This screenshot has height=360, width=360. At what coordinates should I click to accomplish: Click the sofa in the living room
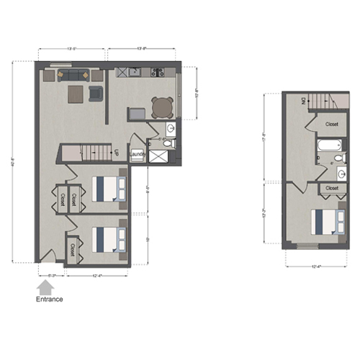pos(71,73)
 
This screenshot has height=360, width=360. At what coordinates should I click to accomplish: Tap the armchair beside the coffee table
pos(96,93)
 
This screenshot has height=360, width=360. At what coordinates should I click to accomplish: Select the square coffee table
pos(76,94)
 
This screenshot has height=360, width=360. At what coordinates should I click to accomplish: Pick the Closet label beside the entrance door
pos(73,248)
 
